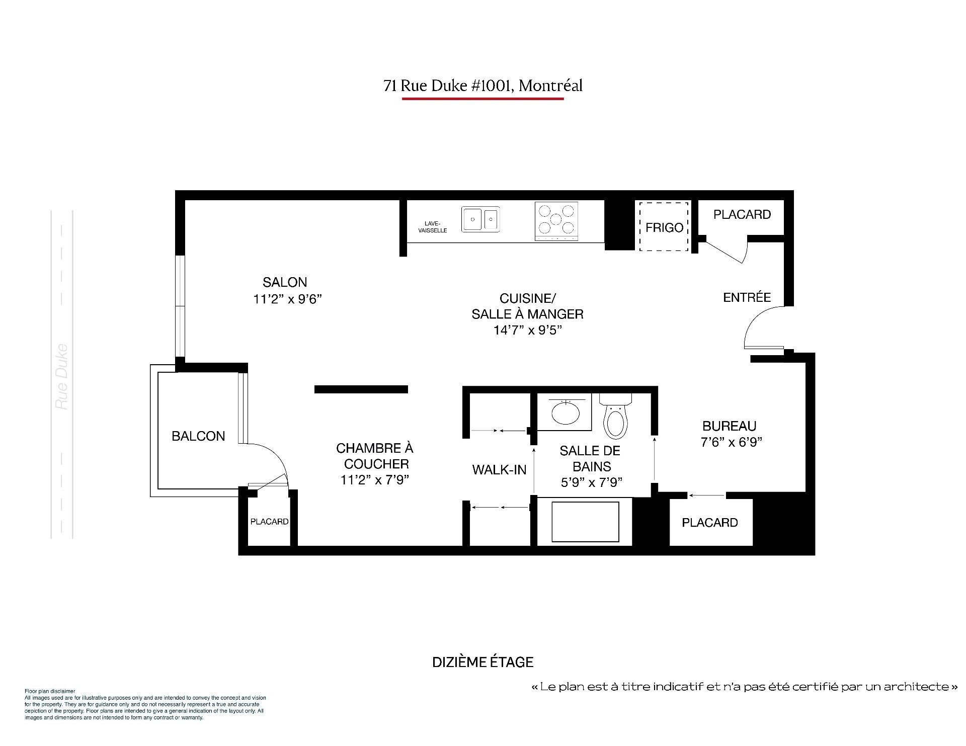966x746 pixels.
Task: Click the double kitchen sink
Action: coord(481,219)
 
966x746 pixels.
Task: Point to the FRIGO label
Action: coord(664,228)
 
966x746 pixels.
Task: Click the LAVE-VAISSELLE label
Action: coord(433,227)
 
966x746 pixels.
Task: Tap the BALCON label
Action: coord(198,436)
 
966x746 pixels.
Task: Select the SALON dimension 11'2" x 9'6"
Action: coord(287,299)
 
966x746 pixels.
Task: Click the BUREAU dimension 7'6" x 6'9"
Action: coord(732,442)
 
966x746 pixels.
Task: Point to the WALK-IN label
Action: coord(499,470)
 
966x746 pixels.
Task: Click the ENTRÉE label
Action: coord(747,297)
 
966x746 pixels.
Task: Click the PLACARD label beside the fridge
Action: coord(742,215)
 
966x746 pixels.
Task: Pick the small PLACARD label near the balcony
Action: coord(269,522)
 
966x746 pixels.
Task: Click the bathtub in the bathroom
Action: coord(585,521)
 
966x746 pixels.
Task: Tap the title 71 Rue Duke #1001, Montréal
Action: coord(482,86)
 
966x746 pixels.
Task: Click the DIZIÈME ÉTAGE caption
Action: coord(482,662)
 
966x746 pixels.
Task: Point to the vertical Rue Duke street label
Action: coord(62,376)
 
